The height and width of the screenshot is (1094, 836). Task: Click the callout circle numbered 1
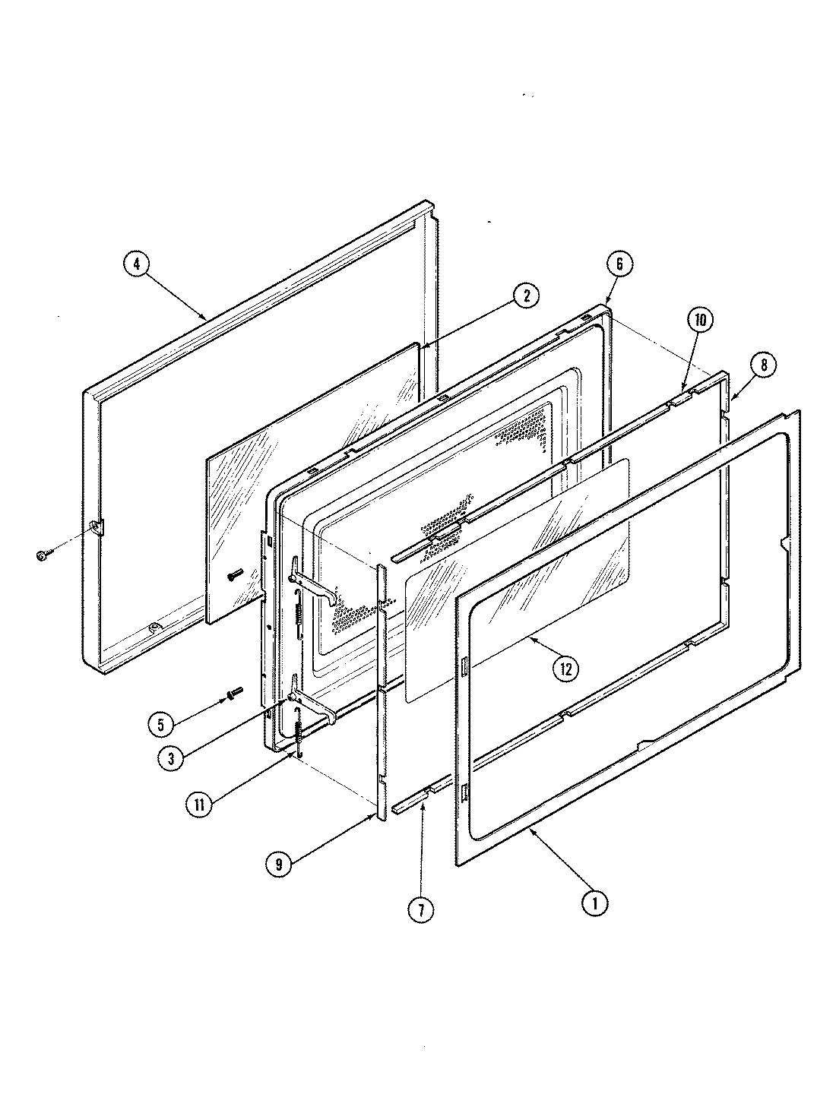[x=595, y=903]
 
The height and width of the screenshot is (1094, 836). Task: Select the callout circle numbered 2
[x=524, y=296]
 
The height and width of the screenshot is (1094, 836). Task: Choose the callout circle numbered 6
[x=619, y=264]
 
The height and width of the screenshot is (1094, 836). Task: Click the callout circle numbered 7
[x=420, y=909]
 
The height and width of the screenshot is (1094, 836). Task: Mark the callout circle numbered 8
[x=763, y=365]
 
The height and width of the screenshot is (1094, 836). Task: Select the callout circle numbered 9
[x=280, y=863]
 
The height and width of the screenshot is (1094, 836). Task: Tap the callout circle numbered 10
[x=700, y=321]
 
